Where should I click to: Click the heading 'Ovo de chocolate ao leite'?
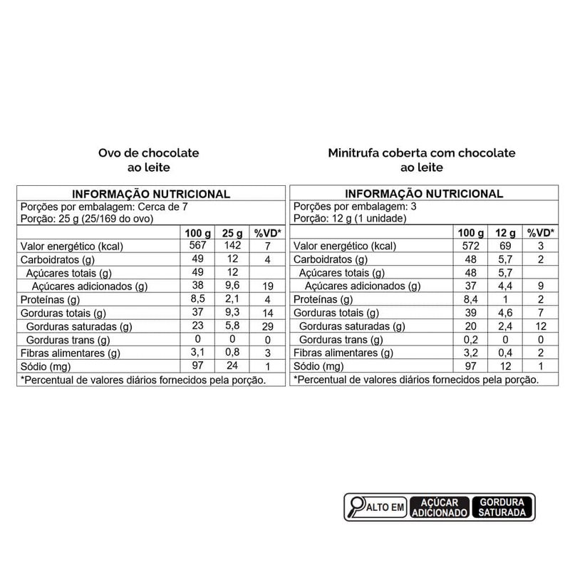point(148,160)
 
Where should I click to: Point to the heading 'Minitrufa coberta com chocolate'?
point(422,153)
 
